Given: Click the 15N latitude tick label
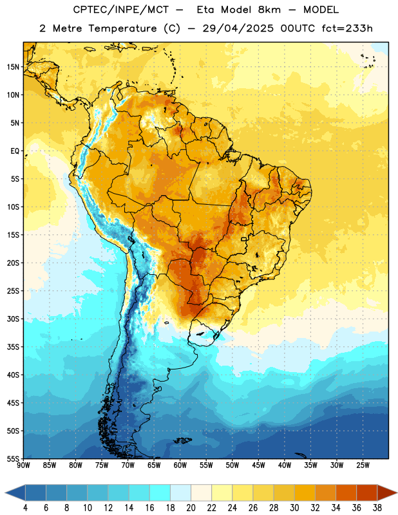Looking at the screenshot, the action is pos(13,67).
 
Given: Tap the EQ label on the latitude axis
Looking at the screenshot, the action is pos(15,151).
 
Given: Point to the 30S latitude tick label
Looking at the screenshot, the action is pos(13,319).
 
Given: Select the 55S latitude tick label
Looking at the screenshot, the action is pos(13,459).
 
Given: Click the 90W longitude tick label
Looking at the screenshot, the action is pos(23,465).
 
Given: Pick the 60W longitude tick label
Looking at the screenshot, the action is pos(180,465).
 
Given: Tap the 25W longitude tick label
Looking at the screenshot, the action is pos(363,465).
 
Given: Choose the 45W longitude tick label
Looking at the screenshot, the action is pos(259,465).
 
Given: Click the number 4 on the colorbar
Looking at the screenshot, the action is pos(25,508).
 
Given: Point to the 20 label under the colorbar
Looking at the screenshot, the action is pos(191,508).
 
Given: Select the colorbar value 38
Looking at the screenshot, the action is pos(377,508).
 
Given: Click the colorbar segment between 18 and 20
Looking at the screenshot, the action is pos(180,492).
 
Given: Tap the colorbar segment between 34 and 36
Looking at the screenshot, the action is pos(346,492).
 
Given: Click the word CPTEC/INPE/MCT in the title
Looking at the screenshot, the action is pos(121,10).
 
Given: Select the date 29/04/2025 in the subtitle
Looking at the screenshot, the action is pos(238,28).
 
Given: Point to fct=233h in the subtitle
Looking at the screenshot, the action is pos(347,28).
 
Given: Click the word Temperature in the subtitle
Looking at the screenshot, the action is pos(122,28).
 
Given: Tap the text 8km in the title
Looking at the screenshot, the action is pos(269,10).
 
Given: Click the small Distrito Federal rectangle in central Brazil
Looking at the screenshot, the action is pos(244,239).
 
